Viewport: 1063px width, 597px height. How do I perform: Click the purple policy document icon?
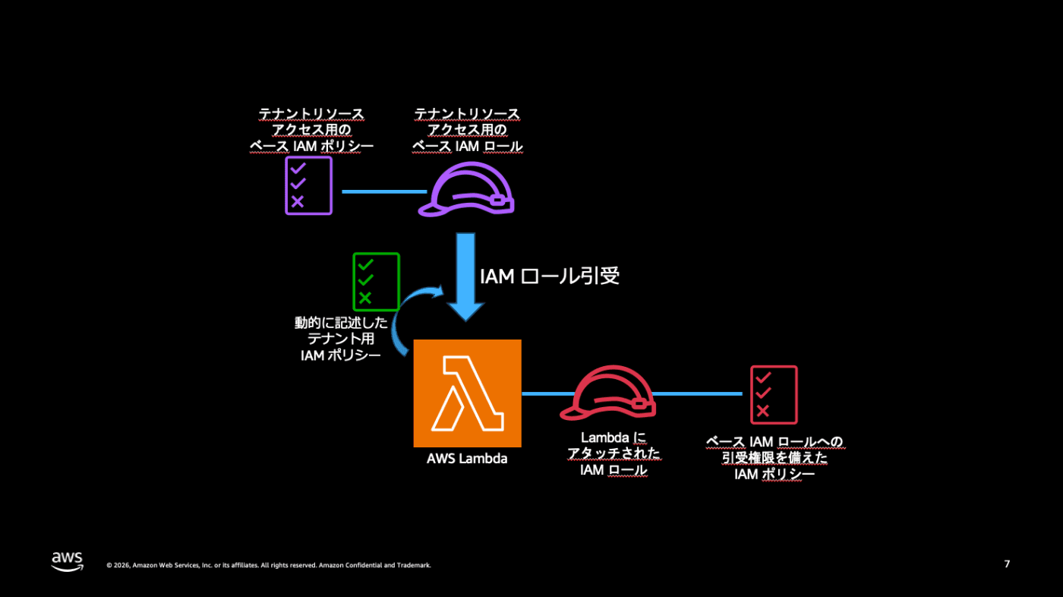tap(308, 186)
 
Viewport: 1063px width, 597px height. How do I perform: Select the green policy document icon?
tap(377, 282)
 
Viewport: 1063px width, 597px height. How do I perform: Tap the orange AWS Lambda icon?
tap(468, 393)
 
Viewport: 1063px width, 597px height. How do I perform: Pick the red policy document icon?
tap(774, 395)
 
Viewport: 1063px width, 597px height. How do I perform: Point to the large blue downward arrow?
tap(465, 277)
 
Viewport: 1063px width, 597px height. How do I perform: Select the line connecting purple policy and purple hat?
tap(384, 191)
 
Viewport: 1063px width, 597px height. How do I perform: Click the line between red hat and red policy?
tap(698, 393)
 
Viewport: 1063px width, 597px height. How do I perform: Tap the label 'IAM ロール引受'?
tap(550, 276)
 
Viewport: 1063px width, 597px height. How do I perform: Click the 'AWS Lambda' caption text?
tap(467, 459)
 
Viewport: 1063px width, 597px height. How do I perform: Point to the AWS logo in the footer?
tap(67, 562)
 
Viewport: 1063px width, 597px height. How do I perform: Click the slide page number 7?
tap(1007, 564)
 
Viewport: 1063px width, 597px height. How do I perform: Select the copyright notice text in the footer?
tap(269, 565)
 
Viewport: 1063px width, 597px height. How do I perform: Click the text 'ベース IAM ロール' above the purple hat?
tap(468, 146)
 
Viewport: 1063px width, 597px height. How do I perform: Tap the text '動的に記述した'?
tap(341, 323)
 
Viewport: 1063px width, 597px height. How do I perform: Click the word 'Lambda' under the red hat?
tap(606, 437)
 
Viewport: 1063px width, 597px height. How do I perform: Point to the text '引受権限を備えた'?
tap(774, 457)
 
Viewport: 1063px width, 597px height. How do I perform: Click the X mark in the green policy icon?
tap(365, 298)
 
